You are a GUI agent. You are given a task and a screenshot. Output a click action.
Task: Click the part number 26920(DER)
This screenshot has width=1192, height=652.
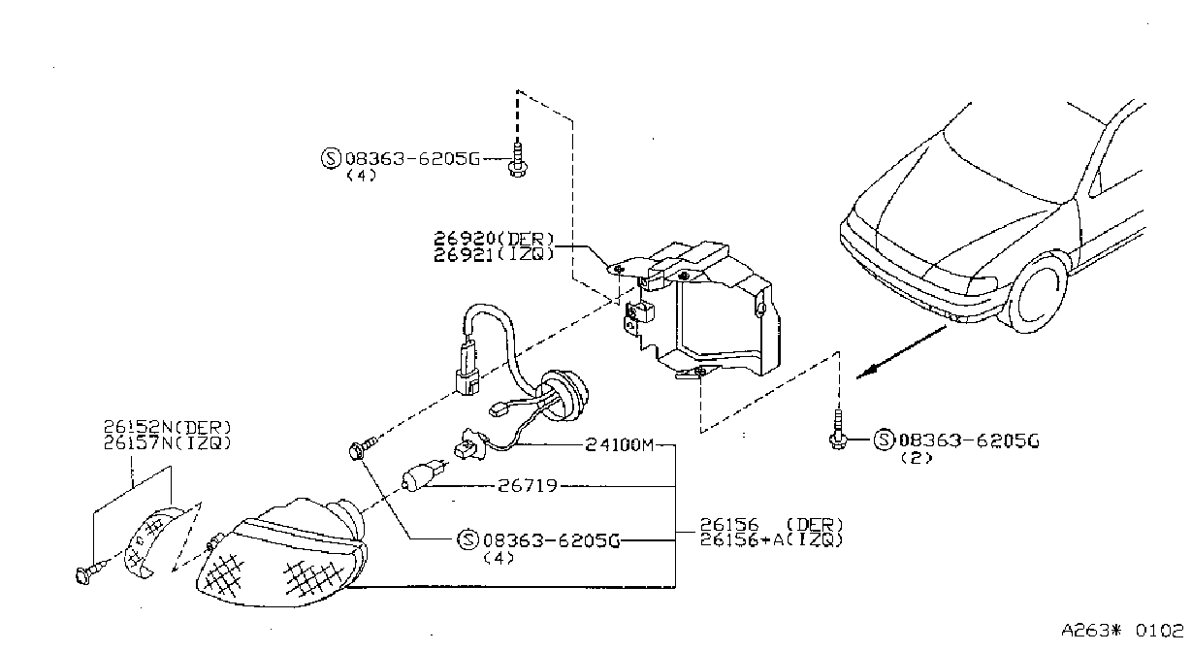click(495, 238)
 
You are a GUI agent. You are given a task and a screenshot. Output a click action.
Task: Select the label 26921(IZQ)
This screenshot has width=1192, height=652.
click(495, 254)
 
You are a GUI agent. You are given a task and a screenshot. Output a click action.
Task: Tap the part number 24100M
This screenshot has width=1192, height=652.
click(619, 444)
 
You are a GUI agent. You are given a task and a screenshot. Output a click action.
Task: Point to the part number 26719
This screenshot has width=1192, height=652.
click(528, 486)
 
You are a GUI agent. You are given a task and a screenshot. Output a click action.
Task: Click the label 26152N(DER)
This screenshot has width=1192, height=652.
click(168, 427)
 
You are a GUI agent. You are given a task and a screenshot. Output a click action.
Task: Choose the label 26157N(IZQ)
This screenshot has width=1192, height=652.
click(168, 442)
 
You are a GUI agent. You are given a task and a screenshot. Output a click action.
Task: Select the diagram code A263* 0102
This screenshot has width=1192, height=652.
click(1122, 631)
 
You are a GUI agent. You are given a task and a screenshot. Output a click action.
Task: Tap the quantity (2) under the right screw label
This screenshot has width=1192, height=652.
click(917, 458)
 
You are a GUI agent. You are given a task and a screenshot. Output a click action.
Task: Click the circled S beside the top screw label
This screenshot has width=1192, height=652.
click(331, 158)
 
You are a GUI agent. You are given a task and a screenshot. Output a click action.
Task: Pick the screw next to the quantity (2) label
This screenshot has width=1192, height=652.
click(838, 430)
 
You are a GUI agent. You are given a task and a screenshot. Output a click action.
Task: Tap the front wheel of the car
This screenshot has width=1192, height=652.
click(1035, 294)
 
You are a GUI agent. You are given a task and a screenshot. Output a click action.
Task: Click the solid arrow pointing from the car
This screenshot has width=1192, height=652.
click(901, 352)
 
